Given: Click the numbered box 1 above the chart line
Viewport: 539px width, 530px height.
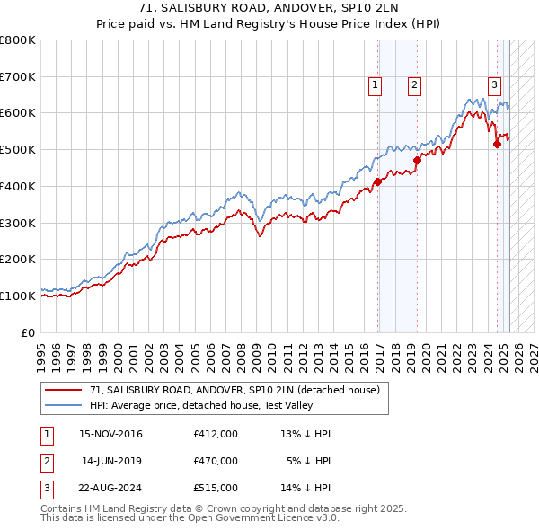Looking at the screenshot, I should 374,85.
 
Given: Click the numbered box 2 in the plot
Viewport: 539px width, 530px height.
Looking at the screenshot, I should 414,85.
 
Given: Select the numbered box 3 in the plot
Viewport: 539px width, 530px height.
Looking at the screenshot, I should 494,85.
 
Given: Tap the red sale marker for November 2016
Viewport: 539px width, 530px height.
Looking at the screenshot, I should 378,181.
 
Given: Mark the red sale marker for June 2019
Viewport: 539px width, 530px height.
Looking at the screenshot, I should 417,160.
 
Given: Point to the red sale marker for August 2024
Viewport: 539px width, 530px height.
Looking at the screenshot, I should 497,144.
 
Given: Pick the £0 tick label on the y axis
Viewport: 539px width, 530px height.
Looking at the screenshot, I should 29,332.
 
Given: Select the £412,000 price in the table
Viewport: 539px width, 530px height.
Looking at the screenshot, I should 216,434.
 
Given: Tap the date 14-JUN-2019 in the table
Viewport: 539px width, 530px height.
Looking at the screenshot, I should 111,461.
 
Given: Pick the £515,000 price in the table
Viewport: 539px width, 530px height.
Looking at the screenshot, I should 216,488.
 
